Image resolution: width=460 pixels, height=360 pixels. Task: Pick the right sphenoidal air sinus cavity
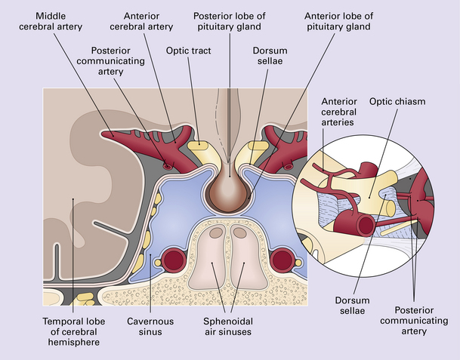click(x=243, y=260)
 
